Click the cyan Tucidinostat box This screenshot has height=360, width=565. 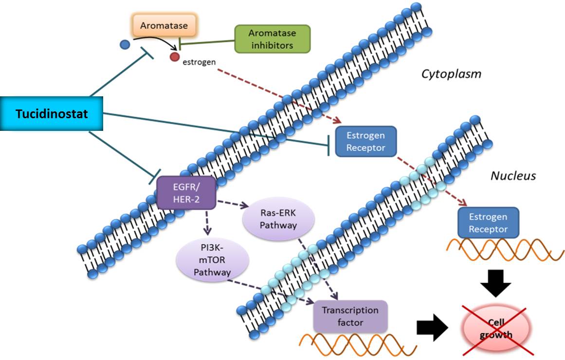52,114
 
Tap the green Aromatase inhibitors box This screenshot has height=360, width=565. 272,39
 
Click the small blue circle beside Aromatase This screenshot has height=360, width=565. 125,45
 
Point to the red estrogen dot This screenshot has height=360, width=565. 175,58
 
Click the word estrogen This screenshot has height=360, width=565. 199,62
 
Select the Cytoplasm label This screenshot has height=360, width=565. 451,74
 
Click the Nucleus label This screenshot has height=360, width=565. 513,176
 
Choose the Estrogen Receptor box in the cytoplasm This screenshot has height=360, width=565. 365,142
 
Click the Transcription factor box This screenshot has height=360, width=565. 350,316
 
